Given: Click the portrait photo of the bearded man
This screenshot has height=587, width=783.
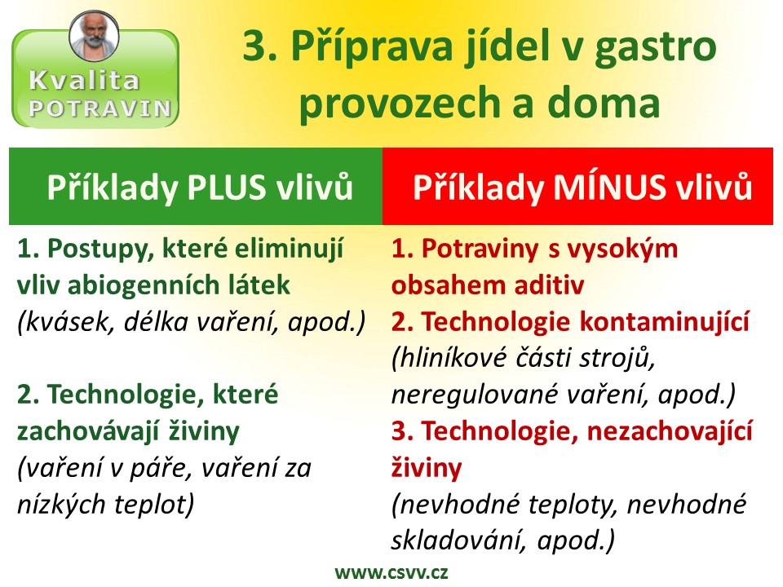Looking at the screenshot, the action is (94, 36).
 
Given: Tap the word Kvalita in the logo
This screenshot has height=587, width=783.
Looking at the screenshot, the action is (84, 81).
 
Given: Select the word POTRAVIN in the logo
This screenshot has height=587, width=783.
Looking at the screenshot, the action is (100, 108).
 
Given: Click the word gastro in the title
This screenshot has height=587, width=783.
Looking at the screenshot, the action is (656, 46).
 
